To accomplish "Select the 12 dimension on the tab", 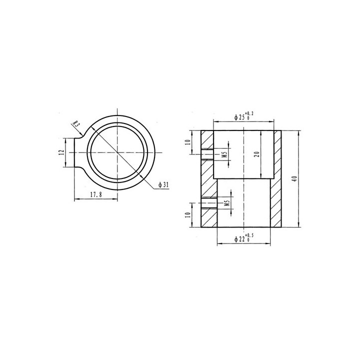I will click(x=60, y=152).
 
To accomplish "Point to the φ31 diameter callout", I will click(x=163, y=185).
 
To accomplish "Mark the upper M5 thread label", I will click(x=225, y=154).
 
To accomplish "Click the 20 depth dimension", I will click(x=256, y=153).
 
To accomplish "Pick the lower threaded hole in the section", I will click(x=208, y=203).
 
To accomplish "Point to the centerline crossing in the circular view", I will click(x=117, y=152).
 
